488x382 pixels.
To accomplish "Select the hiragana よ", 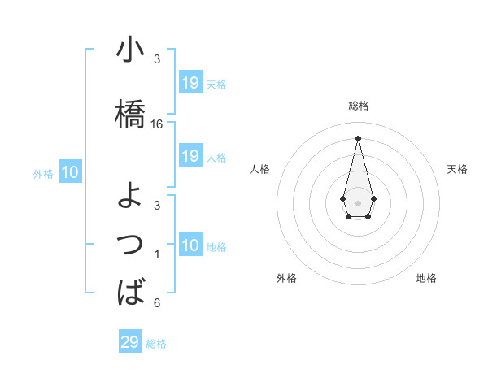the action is pyautogui.click(x=131, y=196).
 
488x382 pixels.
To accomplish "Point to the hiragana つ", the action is pyautogui.click(x=131, y=245).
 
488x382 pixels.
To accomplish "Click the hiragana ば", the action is pyautogui.click(x=131, y=292).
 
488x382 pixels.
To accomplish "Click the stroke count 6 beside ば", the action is pyautogui.click(x=157, y=303).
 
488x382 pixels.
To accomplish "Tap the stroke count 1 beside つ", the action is pyautogui.click(x=157, y=255).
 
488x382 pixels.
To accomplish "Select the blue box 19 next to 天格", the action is pyautogui.click(x=190, y=83).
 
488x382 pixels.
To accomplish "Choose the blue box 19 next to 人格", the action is pyautogui.click(x=190, y=156).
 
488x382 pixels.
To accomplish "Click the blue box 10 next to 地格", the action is pyautogui.click(x=190, y=245).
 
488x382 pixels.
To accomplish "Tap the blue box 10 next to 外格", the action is pyautogui.click(x=70, y=172).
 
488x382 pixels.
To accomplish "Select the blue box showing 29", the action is pyautogui.click(x=130, y=342).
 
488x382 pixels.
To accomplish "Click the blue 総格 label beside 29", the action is pyautogui.click(x=157, y=344).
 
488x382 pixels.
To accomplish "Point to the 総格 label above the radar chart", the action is pyautogui.click(x=359, y=106).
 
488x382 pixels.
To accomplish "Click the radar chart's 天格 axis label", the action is pyautogui.click(x=457, y=169).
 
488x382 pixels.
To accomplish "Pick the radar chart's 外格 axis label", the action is pyautogui.click(x=286, y=278).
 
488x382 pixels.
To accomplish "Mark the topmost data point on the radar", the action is pyautogui.click(x=358, y=137).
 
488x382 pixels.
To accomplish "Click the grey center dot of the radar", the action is pyautogui.click(x=358, y=202).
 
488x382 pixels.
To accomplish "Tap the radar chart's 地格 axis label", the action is pyautogui.click(x=426, y=278).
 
